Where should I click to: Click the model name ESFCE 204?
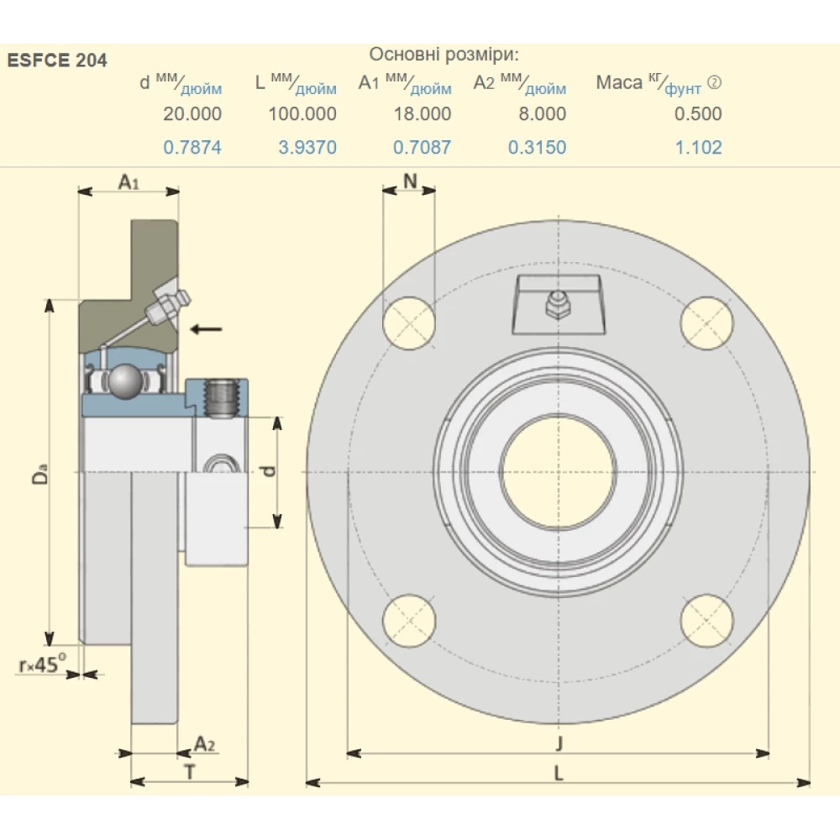[57, 60]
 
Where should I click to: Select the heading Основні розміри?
[444, 55]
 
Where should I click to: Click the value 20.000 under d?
[192, 113]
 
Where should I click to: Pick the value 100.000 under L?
[302, 113]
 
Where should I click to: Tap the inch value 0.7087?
[422, 147]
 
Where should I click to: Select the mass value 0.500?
[698, 113]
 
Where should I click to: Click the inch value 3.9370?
[307, 147]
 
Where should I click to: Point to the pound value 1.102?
[699, 147]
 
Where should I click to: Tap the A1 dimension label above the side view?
[128, 181]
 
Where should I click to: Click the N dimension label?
[409, 180]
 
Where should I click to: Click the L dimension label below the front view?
[558, 774]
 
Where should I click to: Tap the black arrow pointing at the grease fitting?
[206, 328]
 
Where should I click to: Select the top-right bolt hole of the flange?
[706, 323]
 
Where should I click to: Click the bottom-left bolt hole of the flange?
[409, 621]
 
